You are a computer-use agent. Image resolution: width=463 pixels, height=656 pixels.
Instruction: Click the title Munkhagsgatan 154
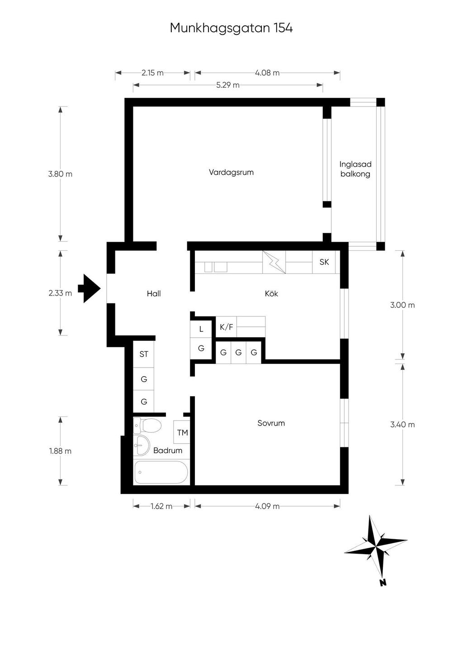tap(231, 28)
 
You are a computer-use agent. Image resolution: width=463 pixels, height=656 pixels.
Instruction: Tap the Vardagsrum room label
tap(231, 172)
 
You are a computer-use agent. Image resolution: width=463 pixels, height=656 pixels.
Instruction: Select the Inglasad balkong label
tap(355, 169)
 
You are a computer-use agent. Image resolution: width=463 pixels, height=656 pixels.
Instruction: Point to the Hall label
tap(154, 293)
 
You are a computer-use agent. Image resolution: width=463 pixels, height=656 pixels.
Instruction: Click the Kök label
tap(271, 293)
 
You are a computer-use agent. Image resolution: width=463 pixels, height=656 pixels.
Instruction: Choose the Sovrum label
tap(271, 423)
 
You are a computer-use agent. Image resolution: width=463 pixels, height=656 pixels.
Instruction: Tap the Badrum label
tap(168, 450)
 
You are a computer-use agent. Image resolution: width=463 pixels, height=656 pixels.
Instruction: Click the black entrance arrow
tap(89, 288)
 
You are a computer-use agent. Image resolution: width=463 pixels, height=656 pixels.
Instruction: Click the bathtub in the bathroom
tap(161, 472)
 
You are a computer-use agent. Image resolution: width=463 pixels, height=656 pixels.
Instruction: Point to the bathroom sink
tap(142, 445)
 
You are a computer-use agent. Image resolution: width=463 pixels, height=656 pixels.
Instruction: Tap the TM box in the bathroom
tap(182, 432)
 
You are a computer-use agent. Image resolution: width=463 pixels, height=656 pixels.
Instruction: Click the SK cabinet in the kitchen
tap(324, 262)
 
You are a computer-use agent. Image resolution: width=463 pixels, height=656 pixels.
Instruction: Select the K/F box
tap(227, 327)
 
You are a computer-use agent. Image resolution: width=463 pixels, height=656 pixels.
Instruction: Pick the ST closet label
tap(144, 354)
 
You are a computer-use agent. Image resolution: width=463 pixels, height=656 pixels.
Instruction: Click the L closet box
tap(201, 329)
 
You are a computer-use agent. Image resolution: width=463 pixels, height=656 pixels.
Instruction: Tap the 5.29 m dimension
tap(228, 85)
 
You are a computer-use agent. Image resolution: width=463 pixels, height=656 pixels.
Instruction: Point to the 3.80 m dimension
tap(60, 174)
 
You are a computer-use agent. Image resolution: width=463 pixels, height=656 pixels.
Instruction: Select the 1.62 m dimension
tap(161, 506)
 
